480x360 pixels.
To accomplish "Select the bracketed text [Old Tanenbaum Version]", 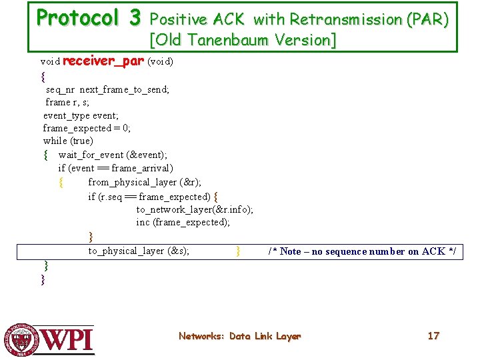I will tap(243, 40).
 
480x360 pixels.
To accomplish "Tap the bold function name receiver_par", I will tap(103, 61).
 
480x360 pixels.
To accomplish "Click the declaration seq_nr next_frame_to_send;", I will tap(107, 89).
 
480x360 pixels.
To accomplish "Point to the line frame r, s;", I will tap(67, 102).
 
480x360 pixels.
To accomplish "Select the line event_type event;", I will tap(81, 115).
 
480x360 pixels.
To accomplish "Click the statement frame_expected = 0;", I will tap(87, 128).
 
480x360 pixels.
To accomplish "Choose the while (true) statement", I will tap(68, 141).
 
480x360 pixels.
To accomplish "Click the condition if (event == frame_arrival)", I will tap(115, 168).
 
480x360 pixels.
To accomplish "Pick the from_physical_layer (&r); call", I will tap(145, 182).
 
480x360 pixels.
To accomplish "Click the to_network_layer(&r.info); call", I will tap(195, 209).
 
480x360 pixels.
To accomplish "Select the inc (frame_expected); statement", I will tap(183, 222).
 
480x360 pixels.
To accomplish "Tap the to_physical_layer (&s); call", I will tap(139, 251).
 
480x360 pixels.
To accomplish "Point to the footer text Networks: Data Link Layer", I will tap(239, 337).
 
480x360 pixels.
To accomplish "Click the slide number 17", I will tap(433, 336).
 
